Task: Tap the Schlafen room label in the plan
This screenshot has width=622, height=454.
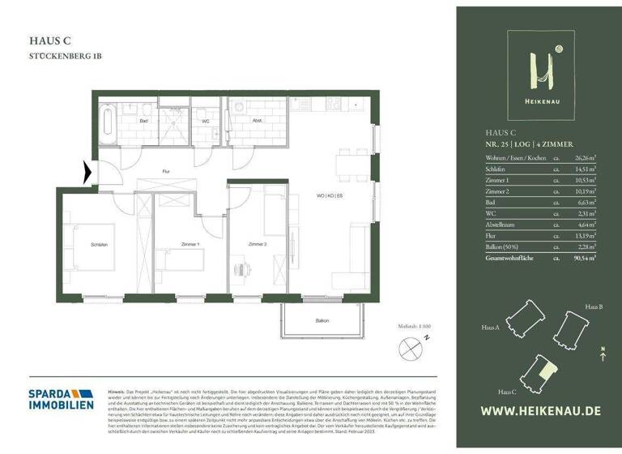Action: pyautogui.click(x=100, y=244)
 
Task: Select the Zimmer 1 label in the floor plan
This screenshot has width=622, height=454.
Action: pyautogui.click(x=190, y=244)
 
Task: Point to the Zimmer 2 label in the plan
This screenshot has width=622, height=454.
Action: pyautogui.click(x=258, y=243)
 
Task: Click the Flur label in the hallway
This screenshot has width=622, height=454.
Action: pyautogui.click(x=165, y=171)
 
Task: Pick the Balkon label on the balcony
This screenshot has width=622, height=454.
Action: pyautogui.click(x=322, y=321)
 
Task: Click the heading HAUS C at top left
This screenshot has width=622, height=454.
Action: pyautogui.click(x=48, y=40)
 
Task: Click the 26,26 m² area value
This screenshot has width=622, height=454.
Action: pyautogui.click(x=584, y=157)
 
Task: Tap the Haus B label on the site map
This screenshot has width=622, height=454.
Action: pyautogui.click(x=594, y=308)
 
